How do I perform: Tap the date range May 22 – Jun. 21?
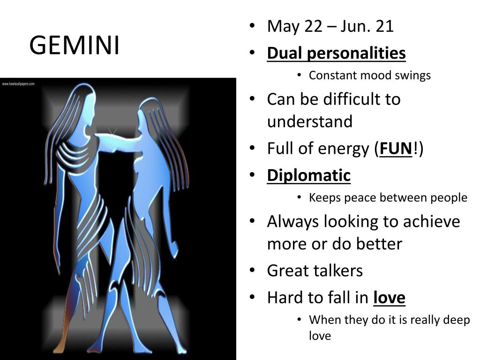point(330,26)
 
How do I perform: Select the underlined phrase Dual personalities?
point(336,53)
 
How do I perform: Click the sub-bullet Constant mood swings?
point(369,75)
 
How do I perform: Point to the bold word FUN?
point(396,149)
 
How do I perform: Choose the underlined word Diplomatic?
point(308,175)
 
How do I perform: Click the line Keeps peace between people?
point(388,197)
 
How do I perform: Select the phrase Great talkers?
point(315,270)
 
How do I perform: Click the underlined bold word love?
point(389,297)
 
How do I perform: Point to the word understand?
point(309,122)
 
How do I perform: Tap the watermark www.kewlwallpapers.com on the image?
point(18,84)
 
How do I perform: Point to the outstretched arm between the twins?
point(117,141)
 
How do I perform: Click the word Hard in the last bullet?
point(284,297)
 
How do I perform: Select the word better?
point(378,244)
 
